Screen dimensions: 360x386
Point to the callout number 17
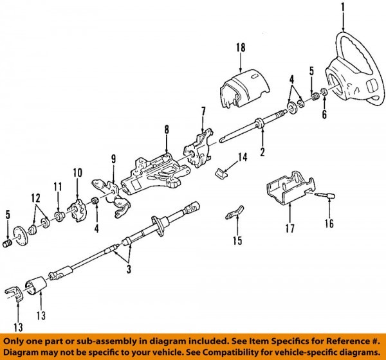pyautogui.click(x=289, y=227)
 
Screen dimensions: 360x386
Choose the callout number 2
pyautogui.click(x=262, y=152)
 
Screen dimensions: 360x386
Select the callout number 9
pyautogui.click(x=113, y=159)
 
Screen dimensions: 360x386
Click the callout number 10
pyautogui.click(x=78, y=172)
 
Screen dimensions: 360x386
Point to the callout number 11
pyautogui.click(x=57, y=186)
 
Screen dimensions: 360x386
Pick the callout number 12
pyautogui.click(x=34, y=196)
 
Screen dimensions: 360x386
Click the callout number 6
pyautogui.click(x=325, y=115)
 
